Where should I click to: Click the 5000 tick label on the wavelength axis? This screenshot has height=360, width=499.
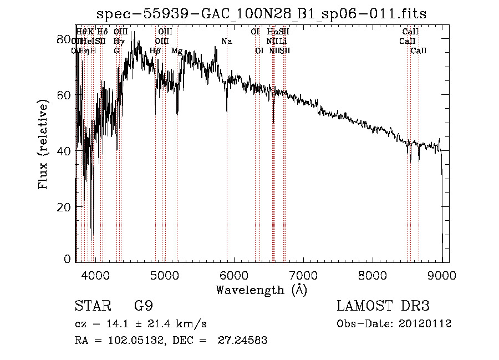point(165,274)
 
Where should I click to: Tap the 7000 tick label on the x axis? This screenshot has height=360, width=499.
point(303,274)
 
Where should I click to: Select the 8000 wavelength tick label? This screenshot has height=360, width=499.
point(373,274)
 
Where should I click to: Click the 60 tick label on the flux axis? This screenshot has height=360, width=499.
point(64,95)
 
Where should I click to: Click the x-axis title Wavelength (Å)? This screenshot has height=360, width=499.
point(261,290)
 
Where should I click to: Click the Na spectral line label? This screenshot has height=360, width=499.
point(226,42)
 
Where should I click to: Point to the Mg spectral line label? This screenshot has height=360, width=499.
point(177,51)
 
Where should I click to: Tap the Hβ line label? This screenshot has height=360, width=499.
point(155,51)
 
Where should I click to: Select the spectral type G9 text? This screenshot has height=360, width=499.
point(144,306)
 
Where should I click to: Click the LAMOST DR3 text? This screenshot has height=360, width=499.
point(383,306)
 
